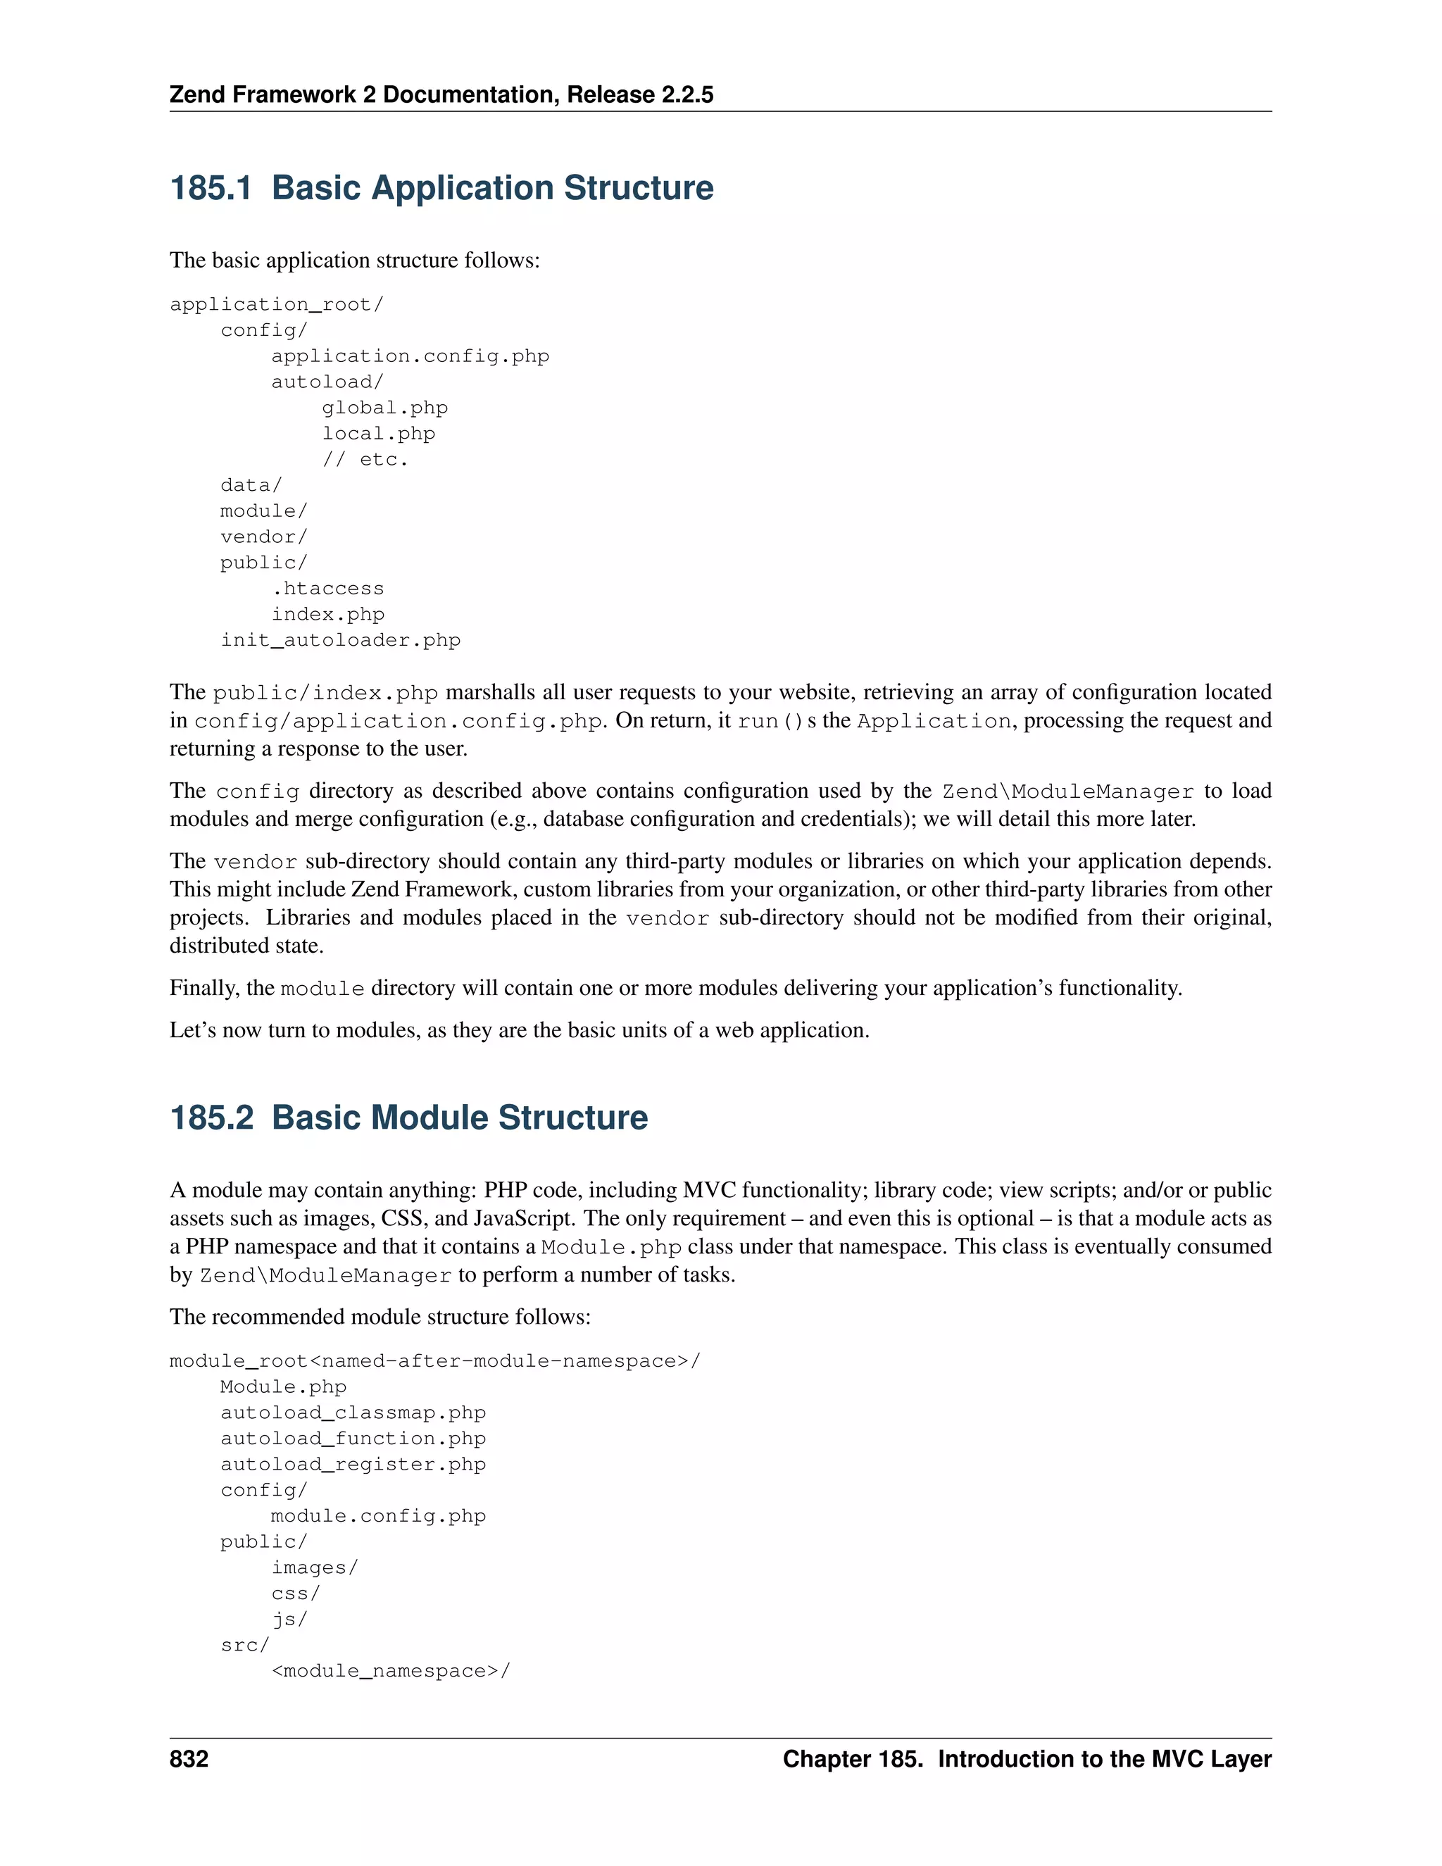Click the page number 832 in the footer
click(189, 1758)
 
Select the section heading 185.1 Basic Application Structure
click(441, 188)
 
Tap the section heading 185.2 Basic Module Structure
click(408, 1117)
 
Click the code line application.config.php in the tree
click(410, 356)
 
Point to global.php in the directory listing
click(384, 408)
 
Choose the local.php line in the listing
click(378, 433)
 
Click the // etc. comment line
click(365, 460)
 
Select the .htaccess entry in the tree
click(328, 589)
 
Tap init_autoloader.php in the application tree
click(341, 640)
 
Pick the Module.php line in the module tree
click(284, 1386)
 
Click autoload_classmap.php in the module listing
click(353, 1413)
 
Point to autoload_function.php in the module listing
click(353, 1438)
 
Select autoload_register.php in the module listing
click(353, 1464)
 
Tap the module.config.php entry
click(378, 1516)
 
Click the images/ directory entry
click(314, 1567)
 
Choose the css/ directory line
click(296, 1593)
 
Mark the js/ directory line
click(289, 1619)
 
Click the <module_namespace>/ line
click(390, 1670)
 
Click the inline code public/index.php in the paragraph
click(325, 693)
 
